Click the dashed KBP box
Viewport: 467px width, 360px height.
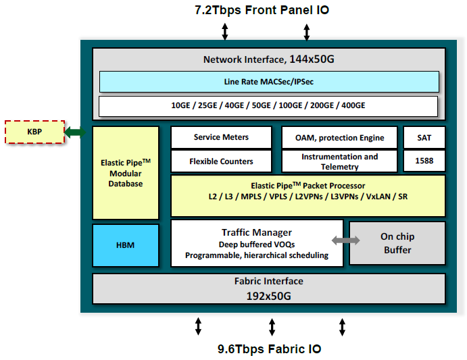tap(34, 132)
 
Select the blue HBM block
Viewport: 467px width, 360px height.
tap(125, 245)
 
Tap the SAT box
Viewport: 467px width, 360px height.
tap(424, 138)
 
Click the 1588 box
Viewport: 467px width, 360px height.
tap(424, 161)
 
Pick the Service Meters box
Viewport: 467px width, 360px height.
tap(221, 138)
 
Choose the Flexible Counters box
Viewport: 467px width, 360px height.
tap(221, 161)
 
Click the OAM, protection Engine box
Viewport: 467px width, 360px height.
tap(340, 138)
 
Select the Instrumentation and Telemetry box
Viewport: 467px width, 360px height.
tap(340, 161)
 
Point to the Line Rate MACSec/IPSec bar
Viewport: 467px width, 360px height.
tap(268, 82)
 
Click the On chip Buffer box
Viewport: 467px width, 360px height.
tap(397, 243)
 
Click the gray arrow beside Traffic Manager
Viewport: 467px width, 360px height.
tap(345, 240)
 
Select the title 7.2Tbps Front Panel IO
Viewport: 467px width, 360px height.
tap(262, 10)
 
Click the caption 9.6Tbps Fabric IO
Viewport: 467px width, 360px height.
tap(269, 349)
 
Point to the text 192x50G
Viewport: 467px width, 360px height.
tap(268, 295)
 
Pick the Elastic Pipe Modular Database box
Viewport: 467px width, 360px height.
tap(125, 173)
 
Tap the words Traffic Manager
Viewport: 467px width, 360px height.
tap(256, 232)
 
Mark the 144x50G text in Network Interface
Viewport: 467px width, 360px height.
tap(312, 59)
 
